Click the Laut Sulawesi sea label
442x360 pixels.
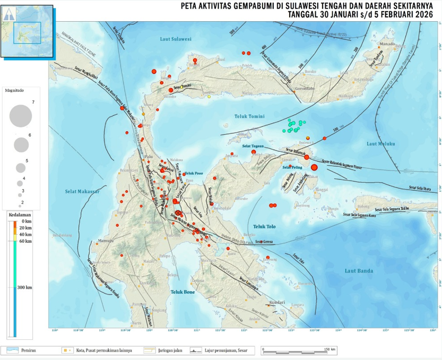point(175,39)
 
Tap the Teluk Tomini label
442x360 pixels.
point(249,116)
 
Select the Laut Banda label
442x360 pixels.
point(359,271)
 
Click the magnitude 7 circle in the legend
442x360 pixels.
point(21,116)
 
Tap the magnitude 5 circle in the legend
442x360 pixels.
point(21,168)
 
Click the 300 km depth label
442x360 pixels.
point(24,287)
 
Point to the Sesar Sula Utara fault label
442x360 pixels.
point(419,188)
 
